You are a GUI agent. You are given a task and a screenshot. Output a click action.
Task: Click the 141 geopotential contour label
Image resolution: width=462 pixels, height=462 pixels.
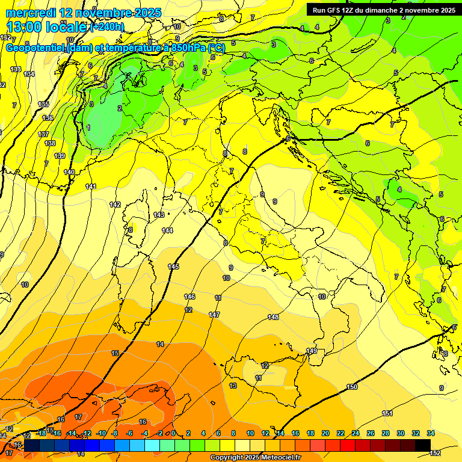click(x=91, y=186)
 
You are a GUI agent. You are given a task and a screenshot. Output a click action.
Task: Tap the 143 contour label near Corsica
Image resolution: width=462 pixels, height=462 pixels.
click(x=159, y=215)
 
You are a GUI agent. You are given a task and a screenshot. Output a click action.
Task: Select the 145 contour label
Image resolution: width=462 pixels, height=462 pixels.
click(x=173, y=266)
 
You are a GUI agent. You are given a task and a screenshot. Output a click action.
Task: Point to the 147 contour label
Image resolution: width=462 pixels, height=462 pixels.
click(x=214, y=315)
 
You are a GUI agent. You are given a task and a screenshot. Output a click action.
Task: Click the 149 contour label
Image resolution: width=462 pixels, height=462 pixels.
click(x=312, y=351)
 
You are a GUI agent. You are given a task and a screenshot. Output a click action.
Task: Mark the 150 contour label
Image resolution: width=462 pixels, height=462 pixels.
click(x=352, y=387)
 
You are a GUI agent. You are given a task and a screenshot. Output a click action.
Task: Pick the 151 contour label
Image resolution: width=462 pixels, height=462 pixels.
click(x=388, y=413)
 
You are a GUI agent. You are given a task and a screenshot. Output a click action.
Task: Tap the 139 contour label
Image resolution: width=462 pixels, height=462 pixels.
click(x=60, y=156)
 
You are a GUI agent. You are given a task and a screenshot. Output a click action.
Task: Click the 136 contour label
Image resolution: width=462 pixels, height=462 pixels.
click(x=48, y=118)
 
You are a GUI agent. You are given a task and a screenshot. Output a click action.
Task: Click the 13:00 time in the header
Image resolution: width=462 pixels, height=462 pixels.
click(x=25, y=27)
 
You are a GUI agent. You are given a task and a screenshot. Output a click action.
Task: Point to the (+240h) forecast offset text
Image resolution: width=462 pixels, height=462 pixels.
click(x=107, y=27)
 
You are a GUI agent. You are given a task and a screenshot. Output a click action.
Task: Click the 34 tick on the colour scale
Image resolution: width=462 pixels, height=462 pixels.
click(x=431, y=433)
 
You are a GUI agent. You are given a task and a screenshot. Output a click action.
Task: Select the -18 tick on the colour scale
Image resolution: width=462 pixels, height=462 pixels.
click(x=42, y=433)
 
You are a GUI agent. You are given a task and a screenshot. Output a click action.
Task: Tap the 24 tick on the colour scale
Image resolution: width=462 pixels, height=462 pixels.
click(x=356, y=433)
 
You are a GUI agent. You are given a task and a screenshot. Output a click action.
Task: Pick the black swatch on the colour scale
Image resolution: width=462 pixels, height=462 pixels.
click(x=423, y=445)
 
